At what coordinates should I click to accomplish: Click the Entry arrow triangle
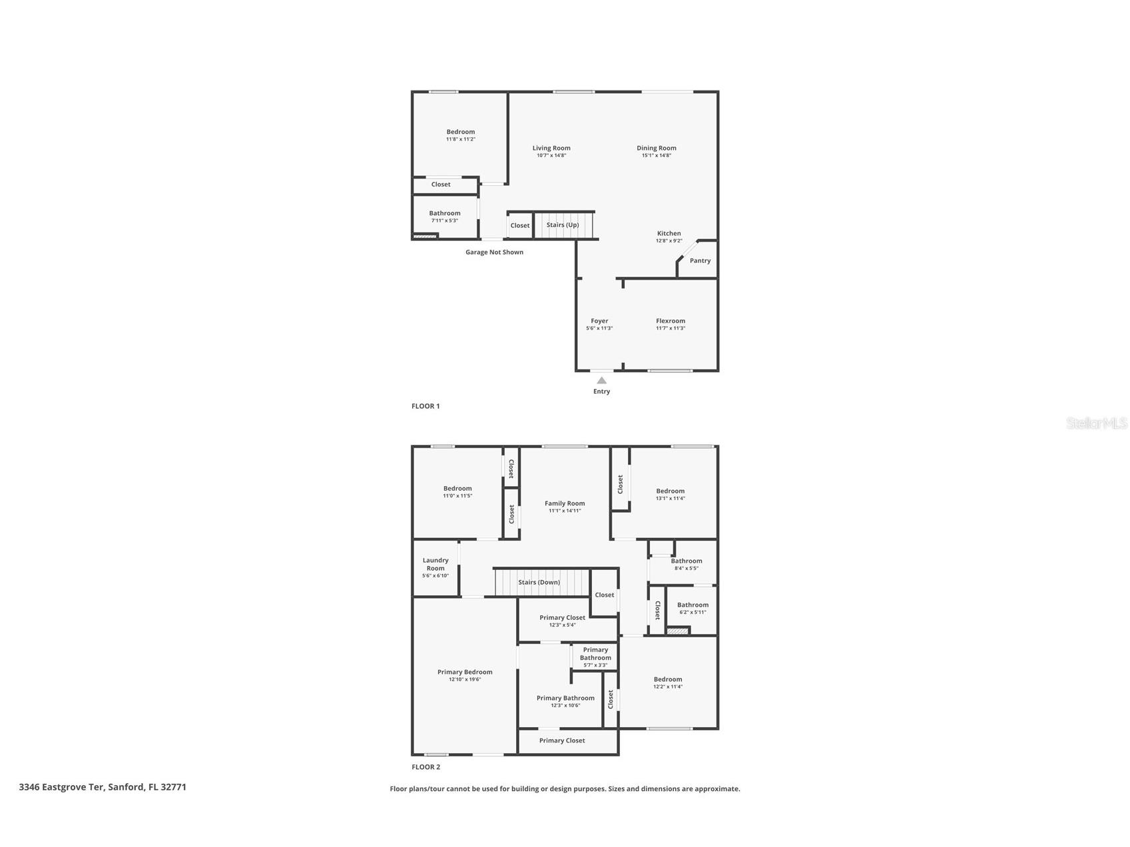pyautogui.click(x=601, y=380)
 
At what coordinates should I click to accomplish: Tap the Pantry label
pyautogui.click(x=700, y=261)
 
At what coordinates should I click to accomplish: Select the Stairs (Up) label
pyautogui.click(x=562, y=225)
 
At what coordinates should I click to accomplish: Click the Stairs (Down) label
pyautogui.click(x=539, y=583)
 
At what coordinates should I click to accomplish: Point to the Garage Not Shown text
pyautogui.click(x=494, y=252)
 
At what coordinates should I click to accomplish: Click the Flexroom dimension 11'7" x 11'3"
pyautogui.click(x=670, y=328)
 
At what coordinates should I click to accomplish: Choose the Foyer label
pyautogui.click(x=599, y=321)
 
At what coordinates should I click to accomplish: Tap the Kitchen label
pyautogui.click(x=669, y=234)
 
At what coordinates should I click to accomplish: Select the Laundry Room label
pyautogui.click(x=435, y=564)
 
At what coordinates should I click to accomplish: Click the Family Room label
pyautogui.click(x=565, y=504)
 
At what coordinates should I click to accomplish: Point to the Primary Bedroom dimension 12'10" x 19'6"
pyautogui.click(x=465, y=680)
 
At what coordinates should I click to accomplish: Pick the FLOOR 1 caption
pyautogui.click(x=425, y=406)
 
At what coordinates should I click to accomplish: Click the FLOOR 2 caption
pyautogui.click(x=425, y=767)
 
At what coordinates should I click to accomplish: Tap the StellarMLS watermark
pyautogui.click(x=1096, y=423)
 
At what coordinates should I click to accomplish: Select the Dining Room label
pyautogui.click(x=656, y=148)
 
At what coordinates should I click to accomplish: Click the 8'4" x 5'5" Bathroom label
pyautogui.click(x=686, y=561)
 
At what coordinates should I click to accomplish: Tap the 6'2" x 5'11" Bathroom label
pyautogui.click(x=693, y=605)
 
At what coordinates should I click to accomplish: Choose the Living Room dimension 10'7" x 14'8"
pyautogui.click(x=551, y=156)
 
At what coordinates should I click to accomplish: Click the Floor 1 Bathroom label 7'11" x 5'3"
pyautogui.click(x=444, y=214)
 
